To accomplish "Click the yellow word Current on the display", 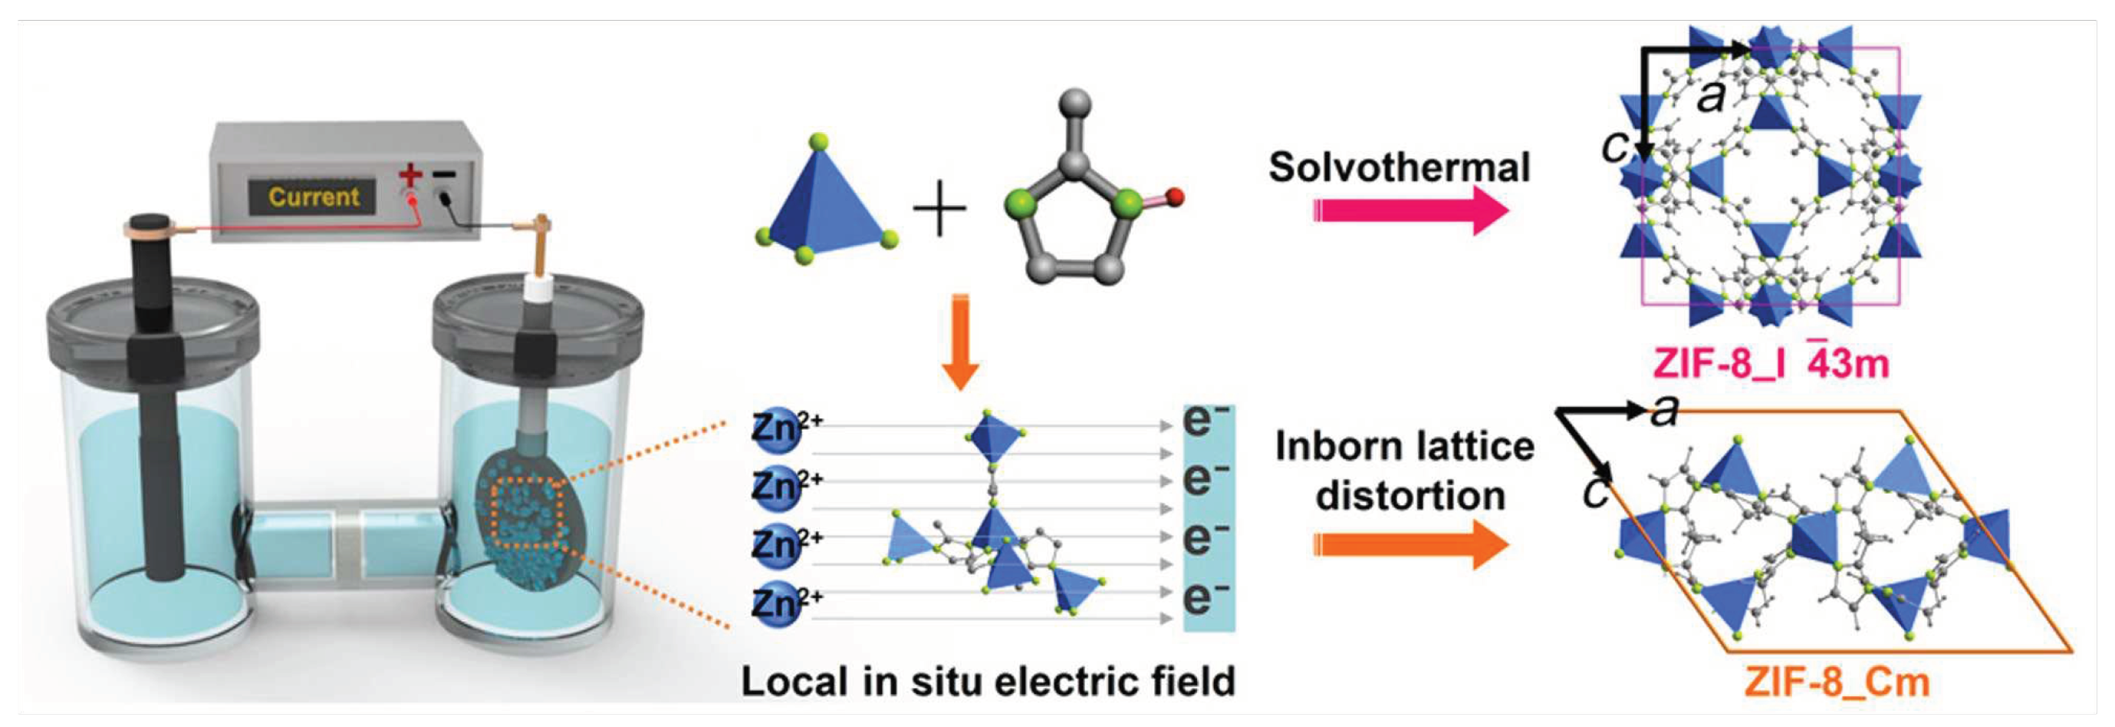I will point(314,197).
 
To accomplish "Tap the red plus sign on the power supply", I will point(410,175).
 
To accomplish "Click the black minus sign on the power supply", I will point(445,174).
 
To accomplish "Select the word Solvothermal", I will point(1399,167).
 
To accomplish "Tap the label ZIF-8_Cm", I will point(1836,682).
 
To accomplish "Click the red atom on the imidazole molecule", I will point(1175,197).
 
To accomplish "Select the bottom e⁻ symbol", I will point(1205,597).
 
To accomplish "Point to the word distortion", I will point(1409,496).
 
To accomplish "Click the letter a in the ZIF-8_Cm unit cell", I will point(1663,411).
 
